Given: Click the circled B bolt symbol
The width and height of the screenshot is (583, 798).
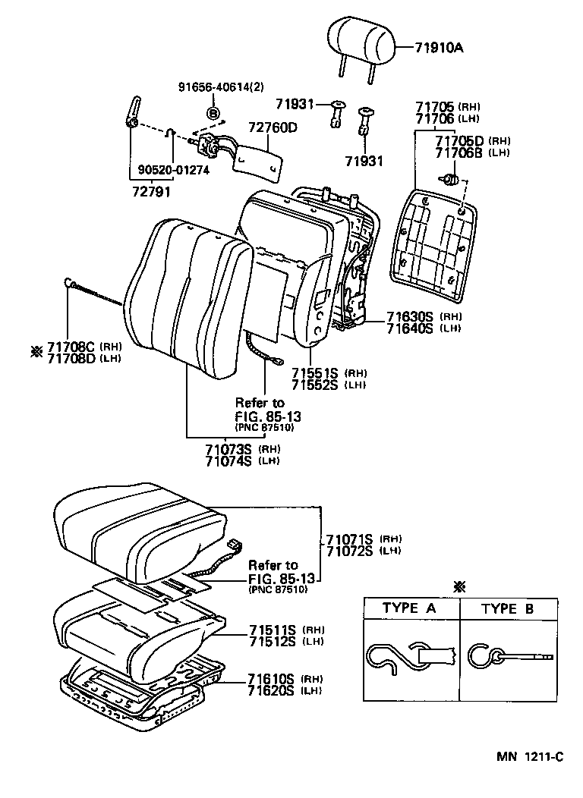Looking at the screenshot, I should [x=213, y=113].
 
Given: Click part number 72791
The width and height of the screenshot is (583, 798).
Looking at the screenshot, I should [x=149, y=193].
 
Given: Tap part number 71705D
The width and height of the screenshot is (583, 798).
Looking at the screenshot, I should [x=459, y=140].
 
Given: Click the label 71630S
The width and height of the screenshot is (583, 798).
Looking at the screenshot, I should [x=409, y=316].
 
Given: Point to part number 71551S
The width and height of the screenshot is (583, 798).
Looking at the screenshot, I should [x=316, y=373].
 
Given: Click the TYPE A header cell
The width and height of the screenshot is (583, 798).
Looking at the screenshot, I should [x=408, y=608].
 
